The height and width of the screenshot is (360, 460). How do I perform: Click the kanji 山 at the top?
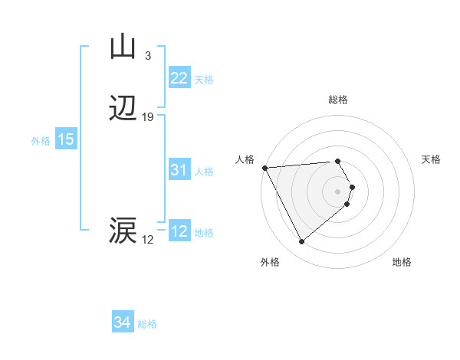pyautogui.click(x=123, y=47)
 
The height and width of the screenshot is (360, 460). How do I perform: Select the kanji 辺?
pyautogui.click(x=123, y=109)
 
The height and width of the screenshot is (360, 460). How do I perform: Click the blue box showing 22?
pyautogui.click(x=179, y=78)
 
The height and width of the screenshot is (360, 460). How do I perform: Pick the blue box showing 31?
pyautogui.click(x=179, y=171)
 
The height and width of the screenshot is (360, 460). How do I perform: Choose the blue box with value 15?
pyautogui.click(x=65, y=139)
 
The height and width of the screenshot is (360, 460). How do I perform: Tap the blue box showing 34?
pyautogui.click(x=123, y=322)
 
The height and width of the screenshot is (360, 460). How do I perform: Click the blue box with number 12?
pyautogui.click(x=179, y=231)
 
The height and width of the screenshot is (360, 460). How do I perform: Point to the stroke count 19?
pyautogui.click(x=148, y=117)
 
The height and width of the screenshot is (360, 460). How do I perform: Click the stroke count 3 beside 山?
pyautogui.click(x=148, y=55)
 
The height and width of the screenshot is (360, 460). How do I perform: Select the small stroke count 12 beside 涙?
pyautogui.click(x=148, y=240)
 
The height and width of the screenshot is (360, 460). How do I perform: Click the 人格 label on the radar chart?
pyautogui.click(x=245, y=159)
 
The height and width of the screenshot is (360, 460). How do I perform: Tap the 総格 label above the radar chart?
pyautogui.click(x=338, y=100)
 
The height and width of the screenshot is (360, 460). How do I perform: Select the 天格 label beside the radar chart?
pyautogui.click(x=432, y=159)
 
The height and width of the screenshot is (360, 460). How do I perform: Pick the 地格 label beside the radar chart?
pyautogui.click(x=402, y=263)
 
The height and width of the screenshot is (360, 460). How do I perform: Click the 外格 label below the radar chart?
pyautogui.click(x=270, y=263)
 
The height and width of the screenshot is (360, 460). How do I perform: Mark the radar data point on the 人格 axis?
pyautogui.click(x=264, y=168)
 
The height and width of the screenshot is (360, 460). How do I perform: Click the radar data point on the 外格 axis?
pyautogui.click(x=302, y=242)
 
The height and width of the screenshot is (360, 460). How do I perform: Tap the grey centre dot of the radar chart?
pyautogui.click(x=338, y=191)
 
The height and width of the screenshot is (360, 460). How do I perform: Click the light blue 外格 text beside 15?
pyautogui.click(x=40, y=140)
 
